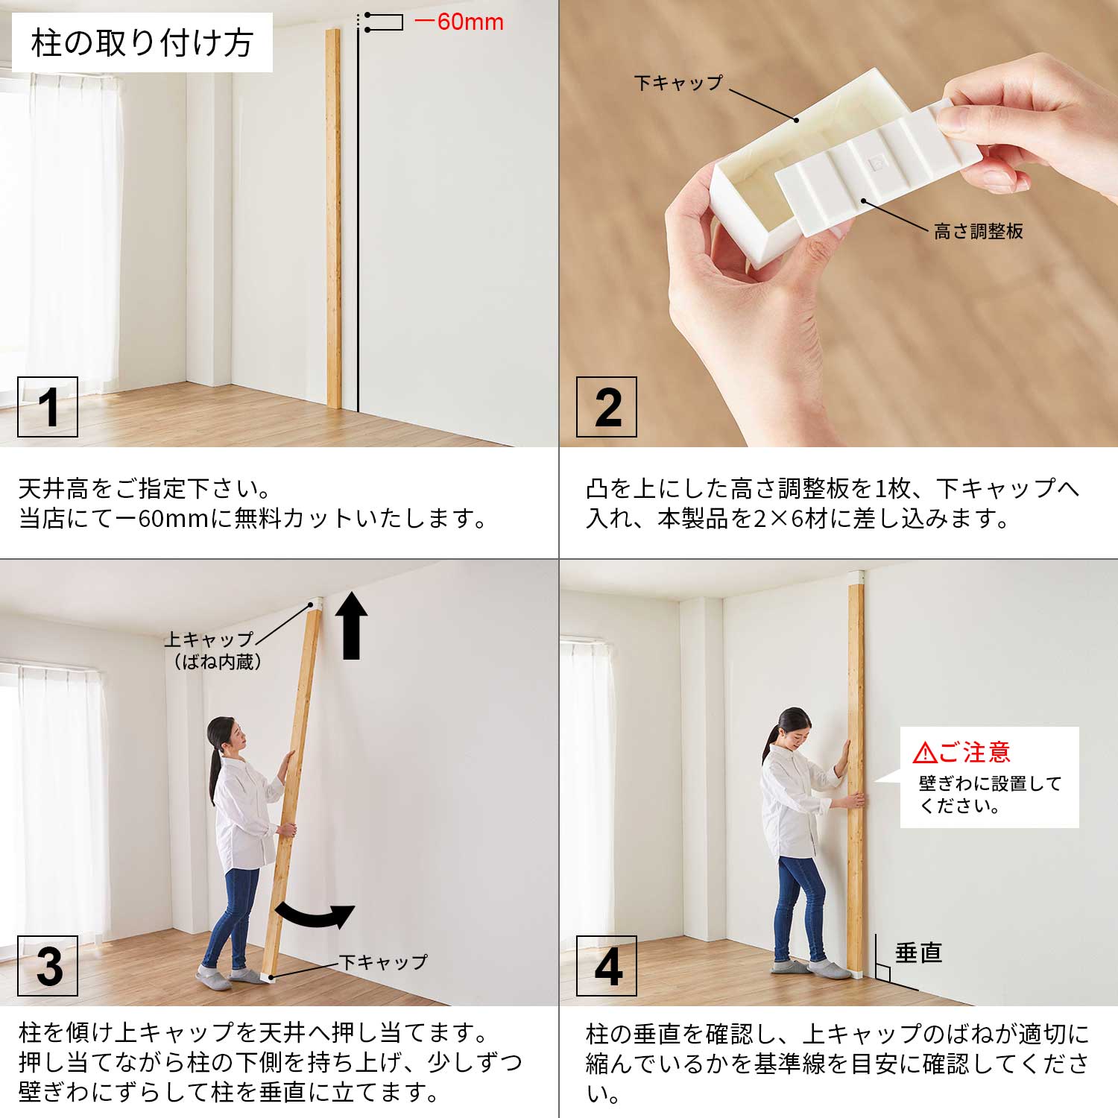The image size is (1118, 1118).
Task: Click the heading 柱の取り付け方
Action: pyautogui.click(x=142, y=43)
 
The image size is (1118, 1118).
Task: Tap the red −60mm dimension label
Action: pyautogui.click(x=458, y=22)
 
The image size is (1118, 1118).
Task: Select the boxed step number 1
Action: pyautogui.click(x=48, y=407)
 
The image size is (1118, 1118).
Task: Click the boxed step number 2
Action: pyautogui.click(x=607, y=407)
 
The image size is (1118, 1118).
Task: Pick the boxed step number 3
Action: pyautogui.click(x=48, y=966)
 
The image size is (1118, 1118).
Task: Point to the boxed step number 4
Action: pyautogui.click(x=607, y=966)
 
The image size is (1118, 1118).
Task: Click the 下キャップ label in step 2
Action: pyautogui.click(x=678, y=83)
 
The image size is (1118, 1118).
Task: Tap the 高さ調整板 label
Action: pyautogui.click(x=979, y=231)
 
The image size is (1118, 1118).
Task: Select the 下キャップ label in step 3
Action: pyautogui.click(x=384, y=962)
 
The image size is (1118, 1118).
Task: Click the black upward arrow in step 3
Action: pyautogui.click(x=351, y=625)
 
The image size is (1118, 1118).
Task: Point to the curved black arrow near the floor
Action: pyautogui.click(x=315, y=916)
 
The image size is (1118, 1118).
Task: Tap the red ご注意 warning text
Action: pyautogui.click(x=974, y=752)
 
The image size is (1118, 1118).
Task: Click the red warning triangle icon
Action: pyautogui.click(x=924, y=753)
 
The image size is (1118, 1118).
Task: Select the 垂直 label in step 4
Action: pyautogui.click(x=918, y=953)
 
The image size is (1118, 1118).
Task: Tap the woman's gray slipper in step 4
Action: pyautogui.click(x=827, y=970)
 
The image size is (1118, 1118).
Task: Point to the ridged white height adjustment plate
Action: pyautogui.click(x=879, y=165)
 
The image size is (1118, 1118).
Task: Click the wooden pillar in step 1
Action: pyautogui.click(x=333, y=219)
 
